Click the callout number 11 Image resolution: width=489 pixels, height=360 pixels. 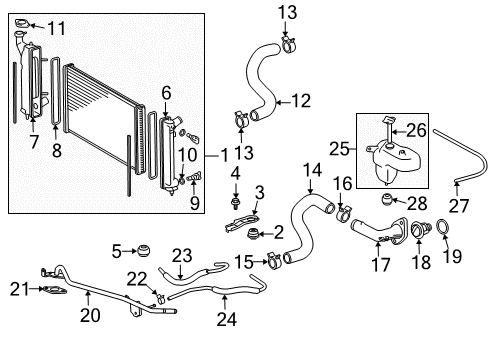point(57,28)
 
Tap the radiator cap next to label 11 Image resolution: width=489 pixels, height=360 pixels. point(23,24)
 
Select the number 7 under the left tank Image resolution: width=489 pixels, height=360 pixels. point(34,142)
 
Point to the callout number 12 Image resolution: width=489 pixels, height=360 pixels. point(301,101)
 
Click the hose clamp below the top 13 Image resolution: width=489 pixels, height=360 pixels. point(289,45)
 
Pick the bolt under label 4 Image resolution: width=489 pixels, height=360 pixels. point(236,203)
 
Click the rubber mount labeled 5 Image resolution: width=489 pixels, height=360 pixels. point(144,250)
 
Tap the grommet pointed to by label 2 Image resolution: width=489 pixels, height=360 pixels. point(254,233)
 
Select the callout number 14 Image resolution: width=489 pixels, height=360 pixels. point(312,170)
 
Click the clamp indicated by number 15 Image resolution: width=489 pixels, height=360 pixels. point(274,262)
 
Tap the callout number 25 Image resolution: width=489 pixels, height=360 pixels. point(339,149)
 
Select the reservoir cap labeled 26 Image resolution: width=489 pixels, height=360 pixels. point(388,132)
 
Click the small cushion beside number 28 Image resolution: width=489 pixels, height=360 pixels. point(387,199)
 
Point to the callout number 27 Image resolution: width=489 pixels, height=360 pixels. point(459,206)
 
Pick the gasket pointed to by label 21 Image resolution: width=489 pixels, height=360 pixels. point(54,290)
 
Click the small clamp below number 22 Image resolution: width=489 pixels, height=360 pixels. point(160,298)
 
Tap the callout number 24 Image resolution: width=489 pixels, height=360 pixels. point(227,319)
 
